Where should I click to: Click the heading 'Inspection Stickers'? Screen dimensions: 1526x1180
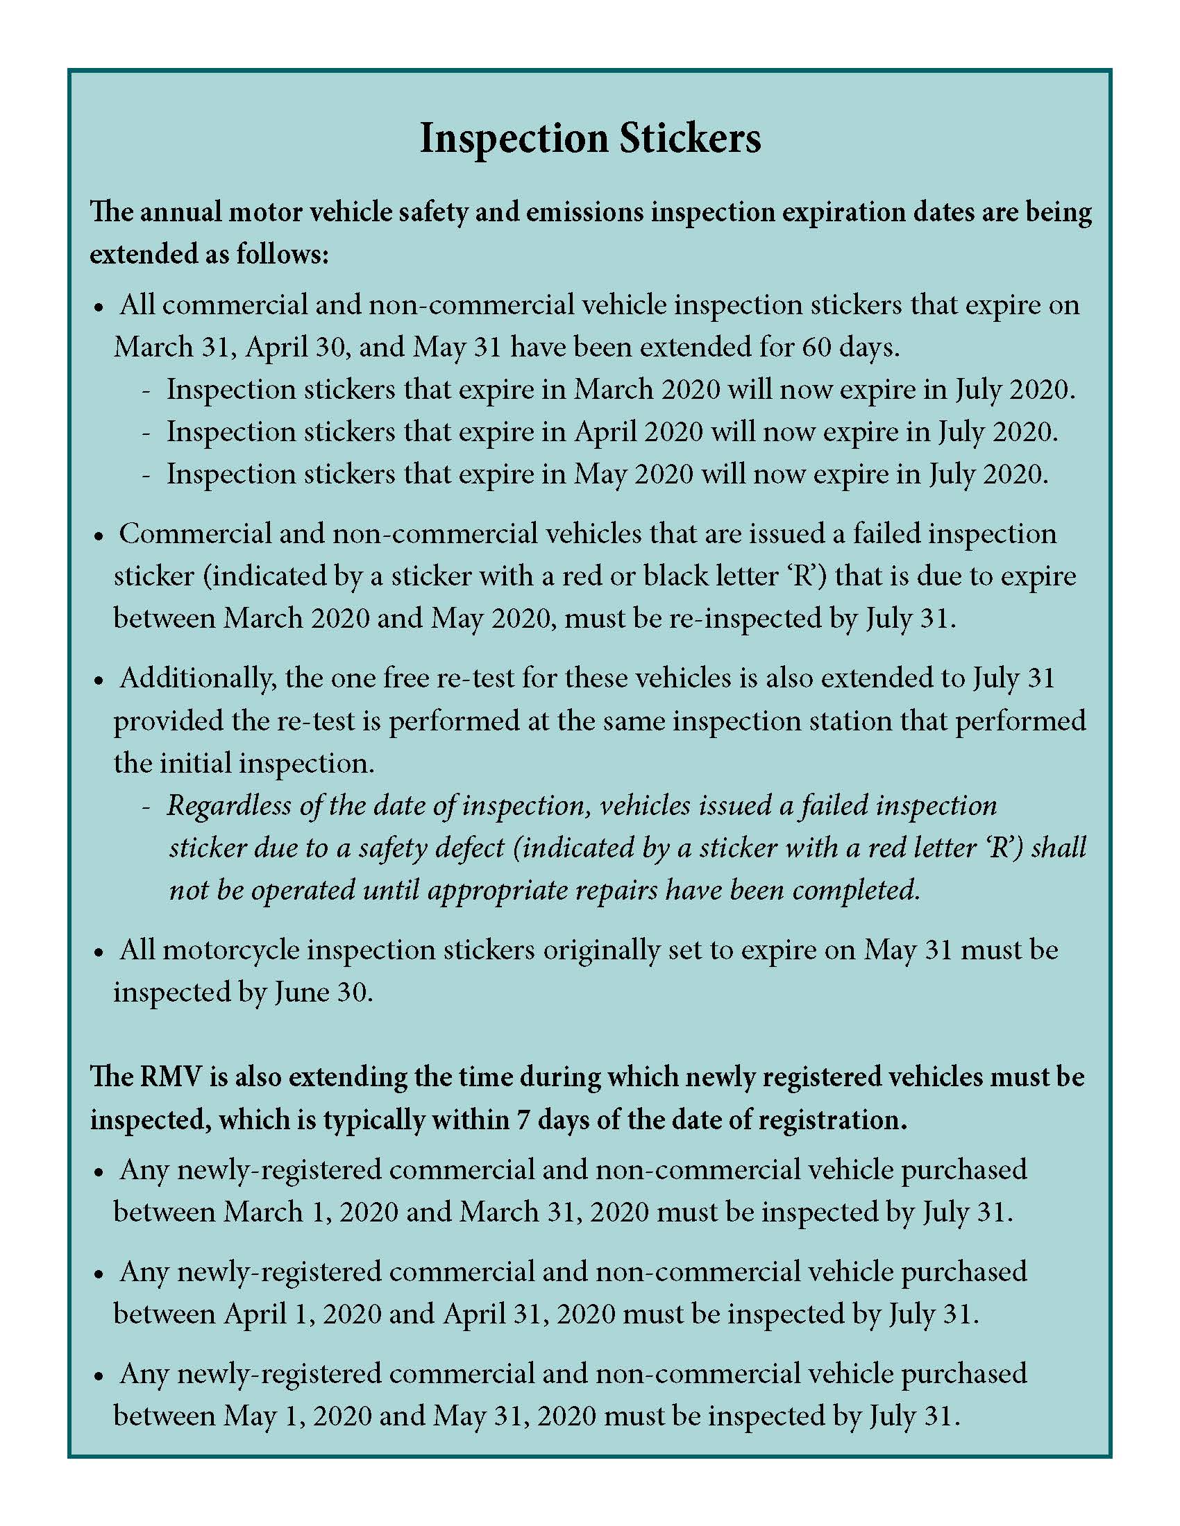590,138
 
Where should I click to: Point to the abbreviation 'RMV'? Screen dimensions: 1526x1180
171,1077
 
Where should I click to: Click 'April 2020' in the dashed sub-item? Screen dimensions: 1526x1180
638,432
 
